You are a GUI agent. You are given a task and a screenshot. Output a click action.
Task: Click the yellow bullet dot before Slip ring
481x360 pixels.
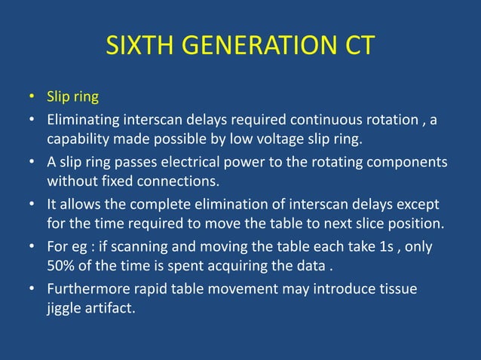(32, 99)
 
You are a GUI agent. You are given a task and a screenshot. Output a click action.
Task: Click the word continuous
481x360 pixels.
(331, 120)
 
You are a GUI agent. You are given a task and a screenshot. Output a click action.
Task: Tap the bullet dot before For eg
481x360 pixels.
(32, 246)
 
